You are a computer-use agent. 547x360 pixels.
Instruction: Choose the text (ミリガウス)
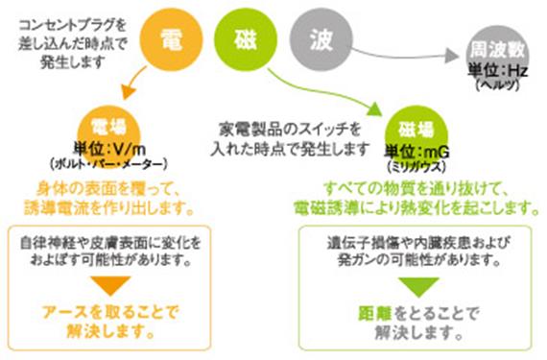pos(416,163)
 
